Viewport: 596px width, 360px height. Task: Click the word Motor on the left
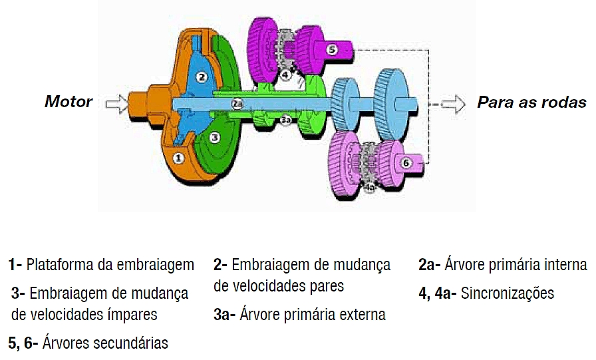click(69, 102)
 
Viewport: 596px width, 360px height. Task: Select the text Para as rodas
click(531, 102)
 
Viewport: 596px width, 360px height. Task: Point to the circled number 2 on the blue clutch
click(202, 77)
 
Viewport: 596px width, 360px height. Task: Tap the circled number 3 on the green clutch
click(215, 137)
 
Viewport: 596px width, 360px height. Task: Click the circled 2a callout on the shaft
click(237, 103)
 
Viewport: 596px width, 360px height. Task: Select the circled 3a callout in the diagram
click(285, 120)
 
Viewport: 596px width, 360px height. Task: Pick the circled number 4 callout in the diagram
click(285, 75)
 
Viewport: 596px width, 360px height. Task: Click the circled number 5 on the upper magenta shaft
click(332, 49)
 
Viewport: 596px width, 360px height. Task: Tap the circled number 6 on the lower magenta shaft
click(407, 162)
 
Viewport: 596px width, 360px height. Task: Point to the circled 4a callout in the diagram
click(371, 188)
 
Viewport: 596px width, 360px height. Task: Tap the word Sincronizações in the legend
click(507, 293)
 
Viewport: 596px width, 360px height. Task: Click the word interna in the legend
click(564, 265)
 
